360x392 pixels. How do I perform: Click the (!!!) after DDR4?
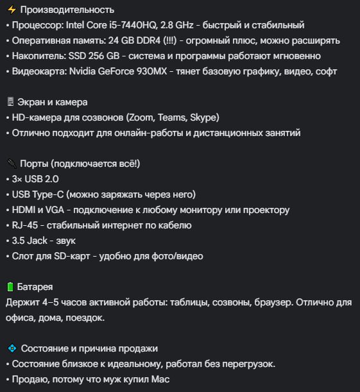point(165,40)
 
